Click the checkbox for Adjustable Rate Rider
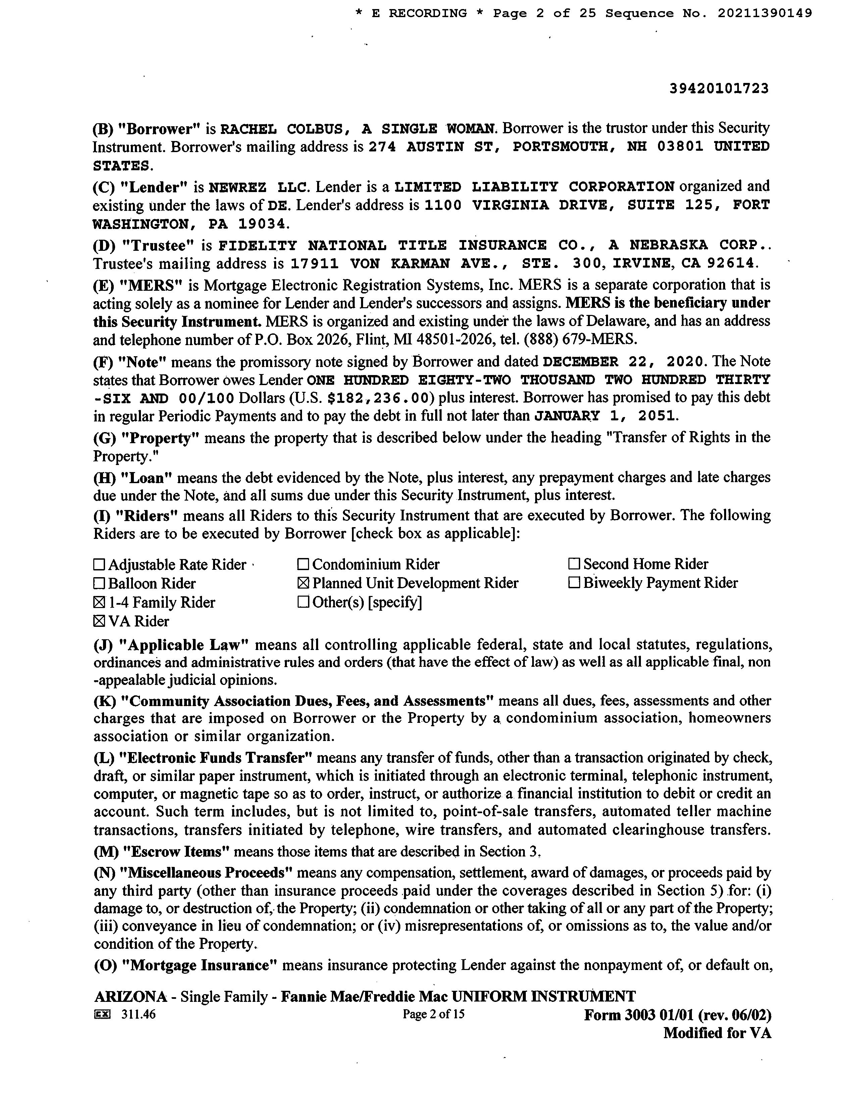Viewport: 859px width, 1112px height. coord(99,565)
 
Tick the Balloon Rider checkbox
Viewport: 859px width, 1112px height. coord(99,584)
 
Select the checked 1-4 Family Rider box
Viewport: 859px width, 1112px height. coord(99,603)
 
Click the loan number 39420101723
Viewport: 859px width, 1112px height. coord(718,89)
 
